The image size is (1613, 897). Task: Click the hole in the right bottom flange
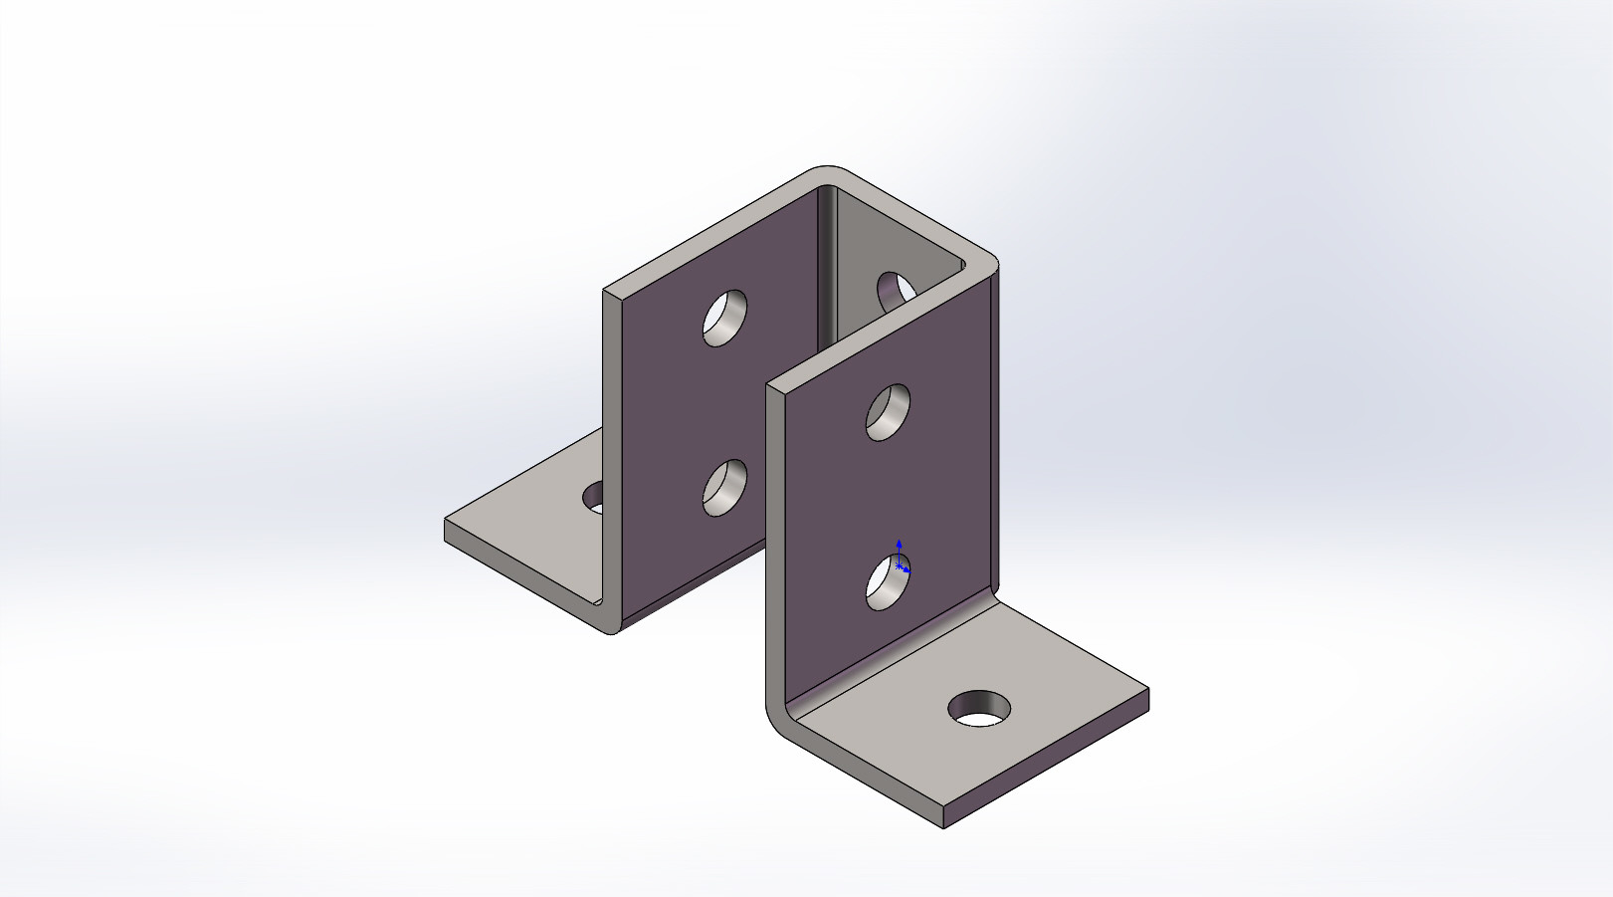click(979, 708)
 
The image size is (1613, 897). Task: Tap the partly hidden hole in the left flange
click(594, 496)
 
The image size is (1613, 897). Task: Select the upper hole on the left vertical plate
click(725, 318)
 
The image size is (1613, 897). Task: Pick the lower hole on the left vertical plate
click(725, 488)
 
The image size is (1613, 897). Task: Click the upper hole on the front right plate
click(889, 411)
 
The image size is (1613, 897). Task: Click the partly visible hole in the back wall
click(895, 290)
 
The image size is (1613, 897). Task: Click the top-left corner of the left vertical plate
click(604, 291)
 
